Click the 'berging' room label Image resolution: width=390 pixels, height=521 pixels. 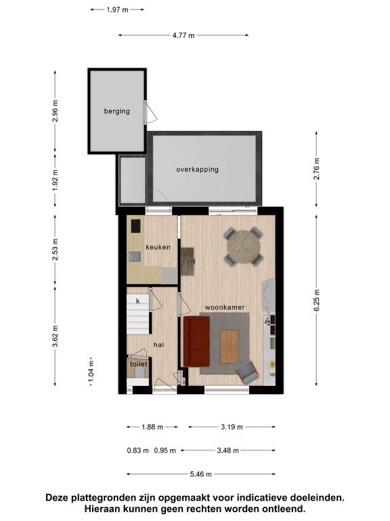(116, 111)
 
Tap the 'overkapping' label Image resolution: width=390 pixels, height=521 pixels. (197, 170)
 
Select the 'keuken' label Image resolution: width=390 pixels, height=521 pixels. (158, 247)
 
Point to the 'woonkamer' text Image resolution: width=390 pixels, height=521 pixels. (225, 307)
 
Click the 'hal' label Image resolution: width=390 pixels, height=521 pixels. (159, 345)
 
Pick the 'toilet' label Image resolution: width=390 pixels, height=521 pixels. (139, 364)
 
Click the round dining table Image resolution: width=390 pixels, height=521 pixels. (244, 246)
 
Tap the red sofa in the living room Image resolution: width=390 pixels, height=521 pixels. (196, 341)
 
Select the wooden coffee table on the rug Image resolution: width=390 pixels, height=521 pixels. (229, 347)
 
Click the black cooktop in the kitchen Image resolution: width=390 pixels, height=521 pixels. (135, 226)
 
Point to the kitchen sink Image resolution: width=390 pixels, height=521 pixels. (135, 256)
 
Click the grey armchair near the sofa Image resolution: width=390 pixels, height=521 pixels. (246, 372)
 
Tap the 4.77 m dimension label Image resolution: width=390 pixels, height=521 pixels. (183, 35)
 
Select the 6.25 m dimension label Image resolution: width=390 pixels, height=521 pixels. (317, 300)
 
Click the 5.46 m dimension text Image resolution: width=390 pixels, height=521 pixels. (200, 474)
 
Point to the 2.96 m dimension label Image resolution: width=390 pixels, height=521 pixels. (55, 111)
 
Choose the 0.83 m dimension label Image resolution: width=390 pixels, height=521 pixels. (137, 451)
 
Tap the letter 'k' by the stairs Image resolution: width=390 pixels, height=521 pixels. (138, 301)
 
